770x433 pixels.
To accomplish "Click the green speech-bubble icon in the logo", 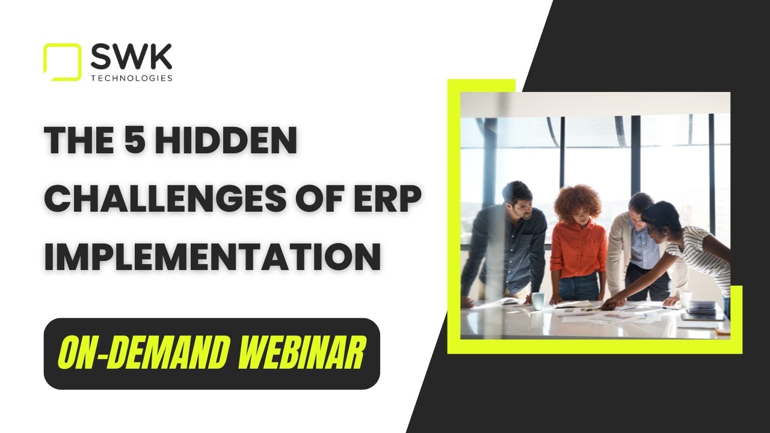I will pyautogui.click(x=61, y=61).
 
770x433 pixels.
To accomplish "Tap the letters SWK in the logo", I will pyautogui.click(x=131, y=58).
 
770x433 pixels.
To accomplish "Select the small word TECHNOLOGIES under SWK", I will pyautogui.click(x=131, y=78).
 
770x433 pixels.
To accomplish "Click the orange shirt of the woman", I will pyautogui.click(x=578, y=250).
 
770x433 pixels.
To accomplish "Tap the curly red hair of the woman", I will pyautogui.click(x=577, y=202).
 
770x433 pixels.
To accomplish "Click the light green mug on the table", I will pyautogui.click(x=538, y=300).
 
